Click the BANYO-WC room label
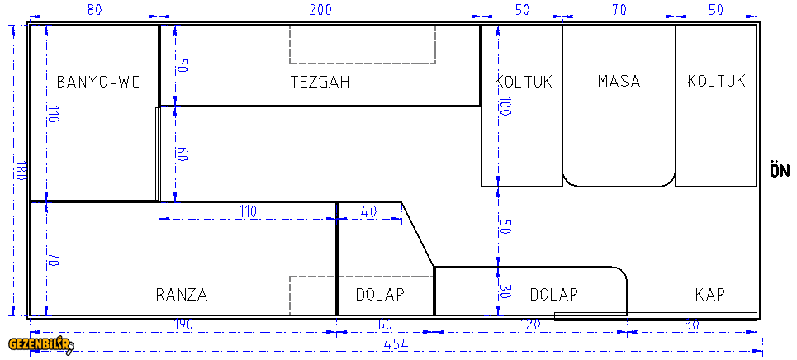click(97, 83)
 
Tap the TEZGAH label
click(320, 83)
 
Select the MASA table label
click(619, 82)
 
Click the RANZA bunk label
click(182, 295)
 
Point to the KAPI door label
click(713, 295)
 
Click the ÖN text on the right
click(780, 170)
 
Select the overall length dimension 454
click(396, 344)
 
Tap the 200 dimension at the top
click(320, 10)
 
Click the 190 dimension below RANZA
click(184, 325)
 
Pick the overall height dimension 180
click(21, 170)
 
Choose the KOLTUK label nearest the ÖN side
click(717, 82)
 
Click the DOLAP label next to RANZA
click(380, 295)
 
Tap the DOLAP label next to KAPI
click(554, 295)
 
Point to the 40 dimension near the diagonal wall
click(368, 211)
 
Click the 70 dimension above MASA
click(619, 10)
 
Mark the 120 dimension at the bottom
click(530, 325)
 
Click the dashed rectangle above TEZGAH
click(363, 64)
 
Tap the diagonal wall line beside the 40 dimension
click(418, 234)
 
